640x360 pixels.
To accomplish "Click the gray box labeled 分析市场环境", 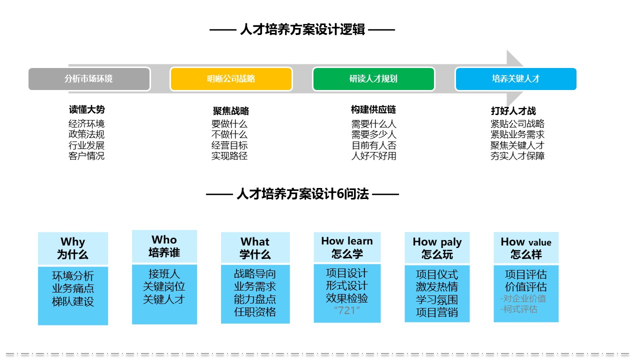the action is coord(89,79).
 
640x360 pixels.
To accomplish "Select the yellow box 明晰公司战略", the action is coord(231,79).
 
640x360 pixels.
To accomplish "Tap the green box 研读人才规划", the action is coord(373,79).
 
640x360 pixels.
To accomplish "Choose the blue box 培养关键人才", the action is coord(515,79).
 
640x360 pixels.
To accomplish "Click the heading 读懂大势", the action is coord(87,109).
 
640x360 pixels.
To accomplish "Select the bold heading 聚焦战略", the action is coord(231,111).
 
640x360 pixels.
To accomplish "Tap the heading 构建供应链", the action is coord(373,109).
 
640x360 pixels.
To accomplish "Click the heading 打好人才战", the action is coord(513,111).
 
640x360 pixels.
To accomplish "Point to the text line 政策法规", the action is coord(86,134).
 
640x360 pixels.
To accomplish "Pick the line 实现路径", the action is coord(229,156).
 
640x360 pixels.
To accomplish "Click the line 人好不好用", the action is coord(373,156).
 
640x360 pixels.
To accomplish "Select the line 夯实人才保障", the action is coord(517,156).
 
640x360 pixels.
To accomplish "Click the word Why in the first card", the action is coord(73,241).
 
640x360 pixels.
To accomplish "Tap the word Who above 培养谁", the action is coord(164,239).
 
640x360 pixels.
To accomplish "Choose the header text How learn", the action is coord(347,241).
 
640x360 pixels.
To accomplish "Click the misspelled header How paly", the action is coord(437,242).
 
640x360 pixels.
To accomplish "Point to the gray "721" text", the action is coord(347,310).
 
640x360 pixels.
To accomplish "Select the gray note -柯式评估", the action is coord(519,309).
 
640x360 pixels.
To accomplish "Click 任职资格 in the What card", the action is coord(255,311).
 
